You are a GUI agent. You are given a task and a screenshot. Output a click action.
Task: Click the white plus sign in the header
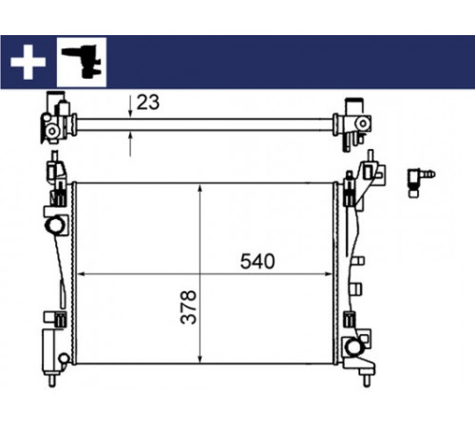click(x=28, y=63)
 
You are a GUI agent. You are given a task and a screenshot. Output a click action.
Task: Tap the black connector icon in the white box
click(x=82, y=62)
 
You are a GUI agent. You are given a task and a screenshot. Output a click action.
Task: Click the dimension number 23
click(x=148, y=102)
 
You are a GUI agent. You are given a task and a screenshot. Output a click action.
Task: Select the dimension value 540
click(x=257, y=262)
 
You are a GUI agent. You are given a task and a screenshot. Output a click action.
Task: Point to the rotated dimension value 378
click(x=189, y=306)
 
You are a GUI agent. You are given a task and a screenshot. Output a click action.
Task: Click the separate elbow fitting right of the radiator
click(x=421, y=181)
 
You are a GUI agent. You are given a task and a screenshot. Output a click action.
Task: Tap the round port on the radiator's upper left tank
click(x=55, y=225)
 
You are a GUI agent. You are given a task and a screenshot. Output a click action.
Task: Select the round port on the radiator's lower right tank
click(x=353, y=346)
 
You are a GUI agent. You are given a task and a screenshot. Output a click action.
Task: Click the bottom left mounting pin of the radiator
click(x=52, y=380)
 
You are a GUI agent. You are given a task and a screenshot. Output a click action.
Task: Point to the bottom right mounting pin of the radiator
click(x=367, y=381)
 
